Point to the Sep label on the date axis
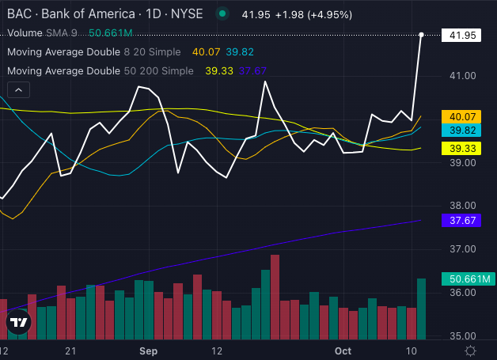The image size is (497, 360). pyautogui.click(x=145, y=350)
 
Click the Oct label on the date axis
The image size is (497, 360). pyautogui.click(x=343, y=350)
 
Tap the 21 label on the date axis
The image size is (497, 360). pyautogui.click(x=71, y=350)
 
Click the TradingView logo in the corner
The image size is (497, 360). pyautogui.click(x=18, y=323)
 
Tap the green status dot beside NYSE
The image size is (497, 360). pyautogui.click(x=223, y=13)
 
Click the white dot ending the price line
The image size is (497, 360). pyautogui.click(x=422, y=35)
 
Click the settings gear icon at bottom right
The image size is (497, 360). pyautogui.click(x=471, y=350)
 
